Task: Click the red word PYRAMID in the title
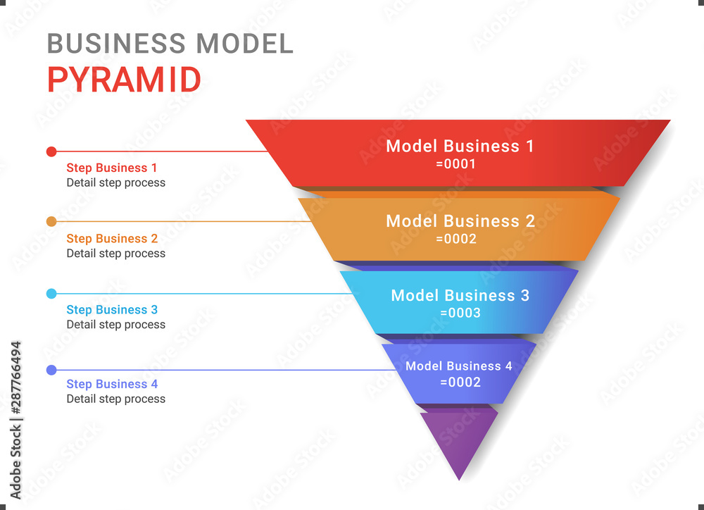pos(124,80)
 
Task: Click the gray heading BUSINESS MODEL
pos(170,44)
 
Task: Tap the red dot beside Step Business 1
pos(51,151)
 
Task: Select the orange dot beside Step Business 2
pos(51,222)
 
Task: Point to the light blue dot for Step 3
pos(51,294)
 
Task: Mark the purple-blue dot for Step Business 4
pos(51,370)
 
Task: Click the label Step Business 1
pos(112,168)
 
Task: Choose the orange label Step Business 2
pos(112,239)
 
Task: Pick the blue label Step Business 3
pos(112,310)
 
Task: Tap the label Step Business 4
pos(112,384)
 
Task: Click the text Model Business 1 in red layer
pos(460,146)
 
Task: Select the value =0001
pos(456,164)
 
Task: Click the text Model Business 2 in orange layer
pos(460,220)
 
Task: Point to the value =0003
pos(460,313)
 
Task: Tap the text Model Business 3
pos(460,295)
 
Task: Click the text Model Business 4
pos(459,366)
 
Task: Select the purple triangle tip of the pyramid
pos(459,440)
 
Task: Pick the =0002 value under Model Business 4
pos(460,382)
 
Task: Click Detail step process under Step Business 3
pos(116,325)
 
